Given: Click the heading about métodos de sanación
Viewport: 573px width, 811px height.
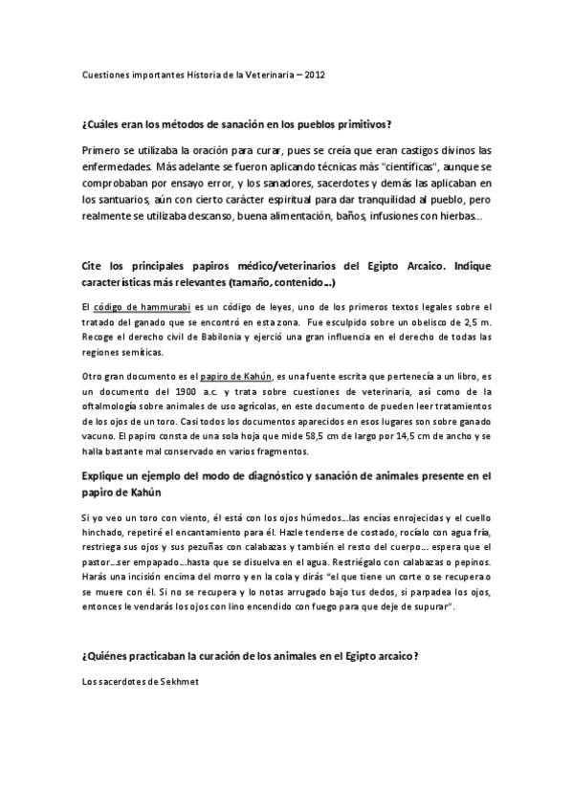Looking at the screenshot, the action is point(237,125).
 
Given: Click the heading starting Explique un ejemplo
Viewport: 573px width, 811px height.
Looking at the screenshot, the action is point(285,477).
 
